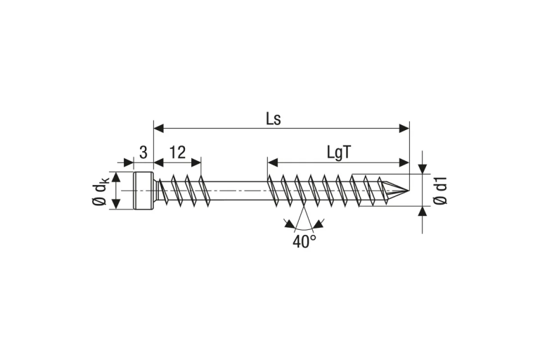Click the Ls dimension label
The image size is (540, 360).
[x=274, y=119]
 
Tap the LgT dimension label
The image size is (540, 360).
[x=339, y=152]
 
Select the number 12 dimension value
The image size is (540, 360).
[x=178, y=152]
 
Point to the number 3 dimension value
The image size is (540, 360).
[x=143, y=152]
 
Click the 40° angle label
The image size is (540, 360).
[x=304, y=241]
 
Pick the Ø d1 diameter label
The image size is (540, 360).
[x=440, y=191]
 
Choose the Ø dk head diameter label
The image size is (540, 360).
[x=101, y=191]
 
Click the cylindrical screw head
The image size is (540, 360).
[x=143, y=191]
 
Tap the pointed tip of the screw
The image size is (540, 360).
[x=409, y=191]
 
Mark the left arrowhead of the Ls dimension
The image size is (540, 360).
[x=158, y=129]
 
